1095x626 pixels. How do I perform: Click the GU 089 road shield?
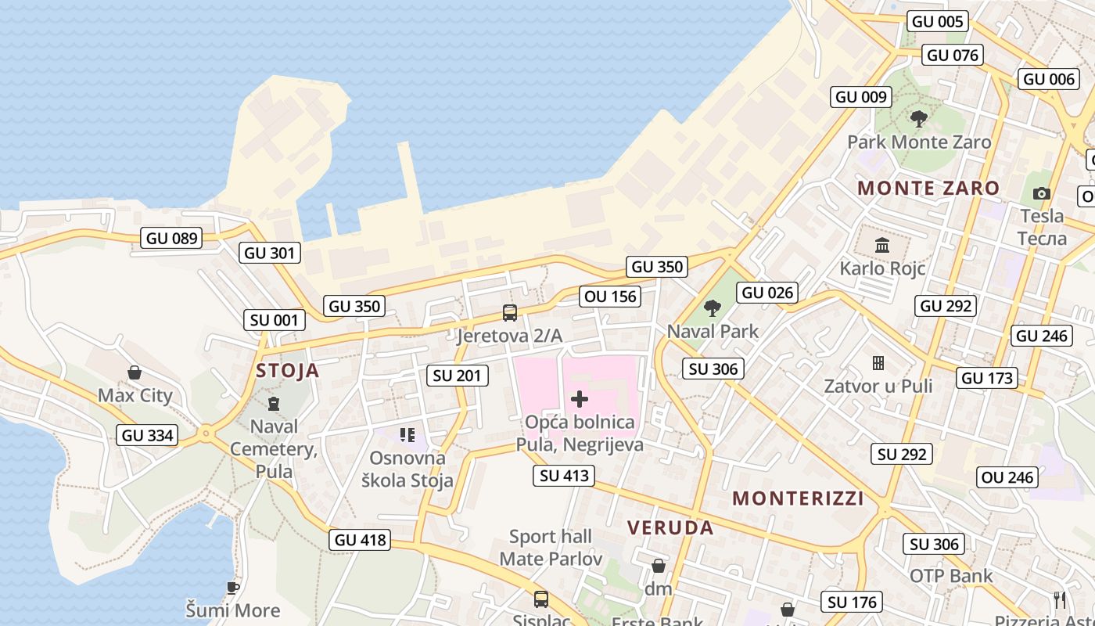[172, 238]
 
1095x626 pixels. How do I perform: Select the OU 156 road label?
[611, 296]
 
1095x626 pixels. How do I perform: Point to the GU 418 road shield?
[360, 539]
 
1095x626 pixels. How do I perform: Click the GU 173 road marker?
[987, 378]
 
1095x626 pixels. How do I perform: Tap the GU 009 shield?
[861, 96]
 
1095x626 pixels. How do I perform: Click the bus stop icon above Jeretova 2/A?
[510, 313]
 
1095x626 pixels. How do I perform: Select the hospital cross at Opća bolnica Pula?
[580, 399]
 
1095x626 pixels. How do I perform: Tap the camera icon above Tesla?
[1041, 193]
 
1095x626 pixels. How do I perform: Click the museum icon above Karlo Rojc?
[882, 246]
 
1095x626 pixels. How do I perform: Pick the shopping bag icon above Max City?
[135, 372]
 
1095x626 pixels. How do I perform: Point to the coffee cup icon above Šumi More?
[232, 587]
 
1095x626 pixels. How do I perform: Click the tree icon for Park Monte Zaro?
[919, 119]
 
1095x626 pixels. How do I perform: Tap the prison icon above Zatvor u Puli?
[878, 363]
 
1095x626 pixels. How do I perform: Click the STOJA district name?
[288, 370]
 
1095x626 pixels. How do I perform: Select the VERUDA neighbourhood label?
[671, 527]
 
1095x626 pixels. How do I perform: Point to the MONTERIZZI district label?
[798, 498]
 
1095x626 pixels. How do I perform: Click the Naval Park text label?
[713, 331]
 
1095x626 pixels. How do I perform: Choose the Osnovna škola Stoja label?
[407, 469]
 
